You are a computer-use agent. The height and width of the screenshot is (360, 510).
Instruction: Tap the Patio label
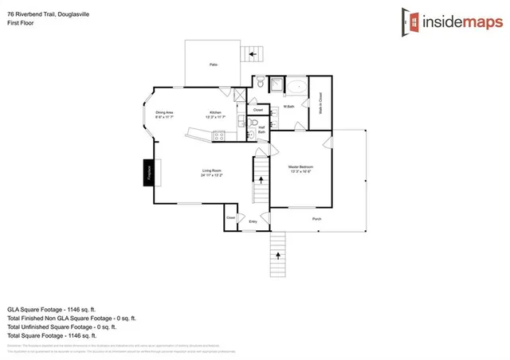click(214, 64)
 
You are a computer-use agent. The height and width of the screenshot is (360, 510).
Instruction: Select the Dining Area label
click(165, 114)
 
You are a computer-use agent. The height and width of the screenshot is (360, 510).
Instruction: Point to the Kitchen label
click(215, 114)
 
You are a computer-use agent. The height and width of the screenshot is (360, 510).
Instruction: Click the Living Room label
click(210, 171)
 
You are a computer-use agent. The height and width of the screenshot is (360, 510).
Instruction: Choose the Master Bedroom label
click(300, 166)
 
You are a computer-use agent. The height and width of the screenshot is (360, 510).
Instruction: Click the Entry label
click(253, 221)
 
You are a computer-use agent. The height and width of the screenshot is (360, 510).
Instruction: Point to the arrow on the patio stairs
click(255, 53)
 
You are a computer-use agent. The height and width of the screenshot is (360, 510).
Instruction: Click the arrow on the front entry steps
click(278, 256)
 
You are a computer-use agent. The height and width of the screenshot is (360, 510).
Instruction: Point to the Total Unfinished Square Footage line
click(62, 327)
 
